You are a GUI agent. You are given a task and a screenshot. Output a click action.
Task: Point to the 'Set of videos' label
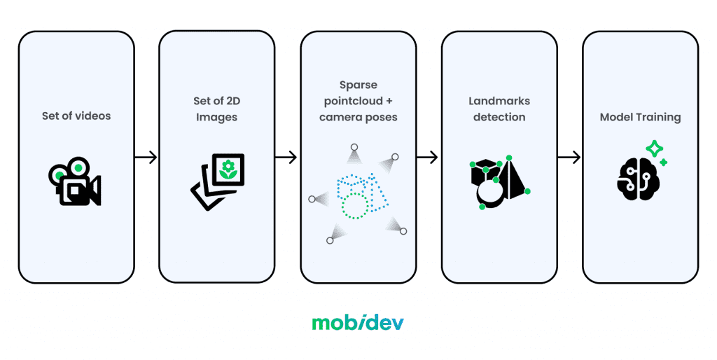[x=76, y=116]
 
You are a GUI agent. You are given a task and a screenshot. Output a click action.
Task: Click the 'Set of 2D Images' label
[x=217, y=109]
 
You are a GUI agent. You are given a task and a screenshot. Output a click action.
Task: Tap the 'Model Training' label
[x=640, y=117]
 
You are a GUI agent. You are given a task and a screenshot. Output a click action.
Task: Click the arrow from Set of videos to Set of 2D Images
[x=146, y=158]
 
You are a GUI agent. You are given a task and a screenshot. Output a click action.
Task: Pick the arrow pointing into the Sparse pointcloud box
[x=286, y=158]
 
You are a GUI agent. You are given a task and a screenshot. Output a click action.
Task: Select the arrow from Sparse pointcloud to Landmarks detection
[x=427, y=158]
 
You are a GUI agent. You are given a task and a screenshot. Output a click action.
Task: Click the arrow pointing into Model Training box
[x=569, y=158]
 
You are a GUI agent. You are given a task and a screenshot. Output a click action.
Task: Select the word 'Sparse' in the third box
[x=358, y=85]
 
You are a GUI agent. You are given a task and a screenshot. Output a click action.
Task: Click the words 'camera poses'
[x=358, y=117]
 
